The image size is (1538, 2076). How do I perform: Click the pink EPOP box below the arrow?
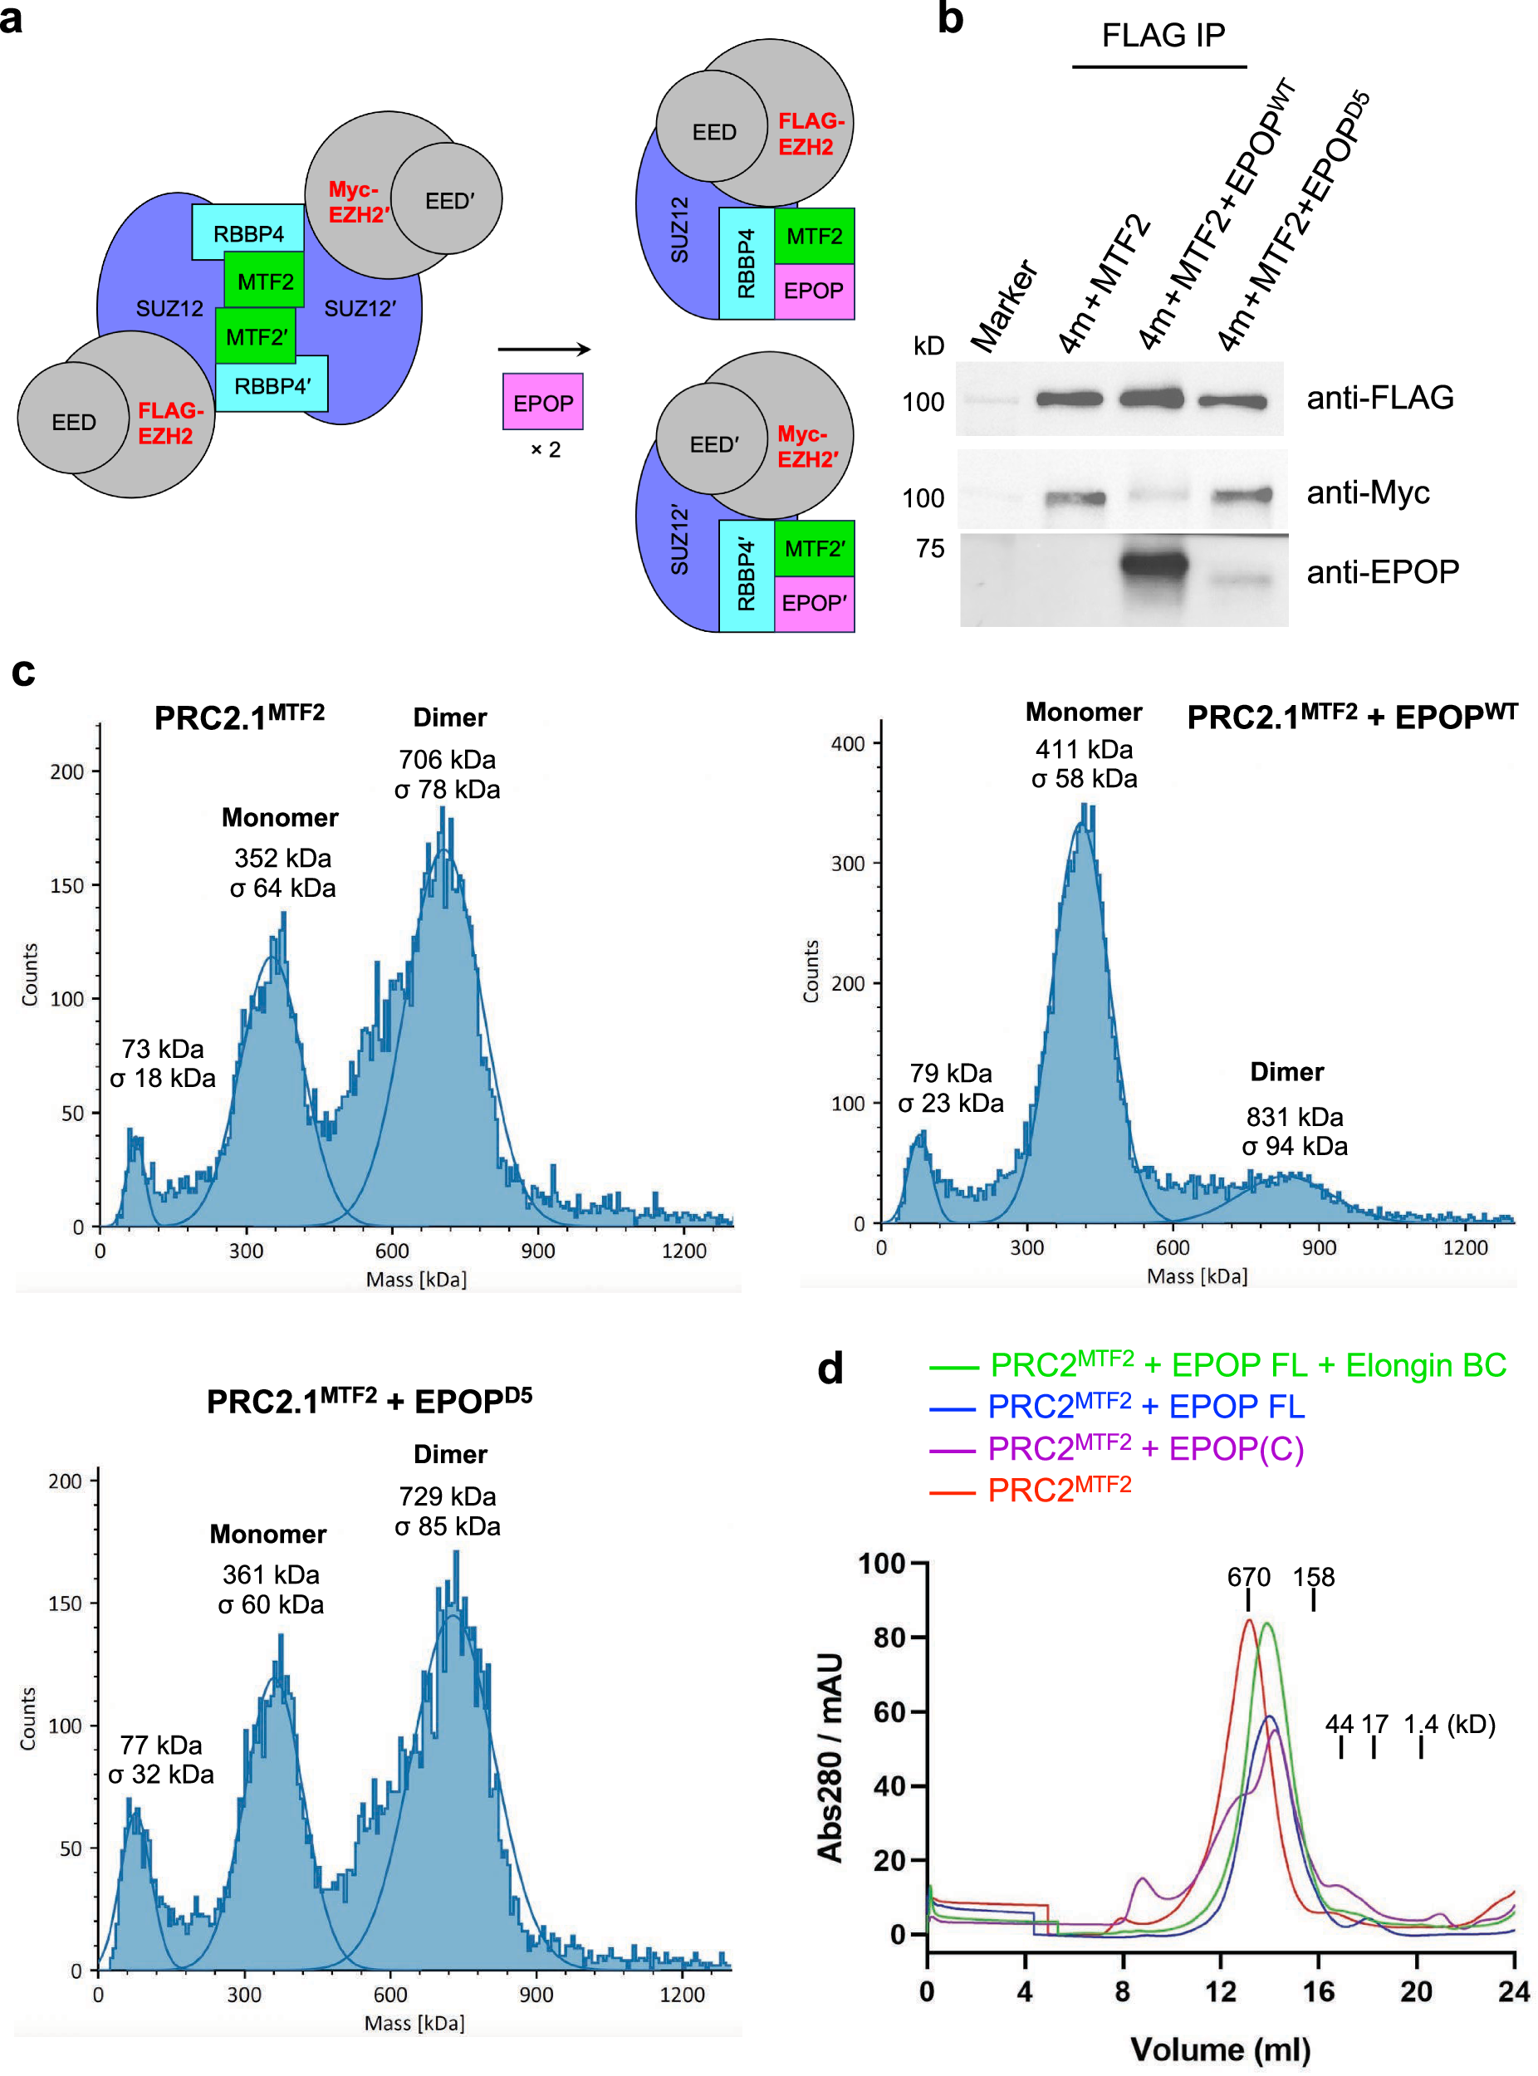click(543, 402)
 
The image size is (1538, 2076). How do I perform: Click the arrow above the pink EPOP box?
click(544, 349)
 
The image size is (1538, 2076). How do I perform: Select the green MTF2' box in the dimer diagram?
click(255, 336)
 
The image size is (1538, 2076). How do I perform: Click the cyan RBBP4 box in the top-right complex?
click(746, 263)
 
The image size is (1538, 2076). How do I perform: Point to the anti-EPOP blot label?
click(1382, 570)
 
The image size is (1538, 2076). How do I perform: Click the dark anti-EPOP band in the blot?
click(1154, 564)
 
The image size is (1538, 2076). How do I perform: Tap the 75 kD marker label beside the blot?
click(929, 548)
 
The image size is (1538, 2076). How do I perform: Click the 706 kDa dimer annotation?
click(447, 760)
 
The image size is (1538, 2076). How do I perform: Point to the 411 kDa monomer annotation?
click(1084, 749)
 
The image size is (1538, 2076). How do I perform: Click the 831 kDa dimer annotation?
click(1294, 1116)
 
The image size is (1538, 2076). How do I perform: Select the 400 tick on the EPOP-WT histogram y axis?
click(847, 744)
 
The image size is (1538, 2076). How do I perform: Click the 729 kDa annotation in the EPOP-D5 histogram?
click(447, 1496)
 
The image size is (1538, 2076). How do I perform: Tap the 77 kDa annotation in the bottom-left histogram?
click(161, 1745)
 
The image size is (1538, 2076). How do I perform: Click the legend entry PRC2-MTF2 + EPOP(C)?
click(1144, 1447)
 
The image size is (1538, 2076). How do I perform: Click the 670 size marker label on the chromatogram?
click(1247, 1577)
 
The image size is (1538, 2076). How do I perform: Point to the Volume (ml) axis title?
click(1220, 2049)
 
